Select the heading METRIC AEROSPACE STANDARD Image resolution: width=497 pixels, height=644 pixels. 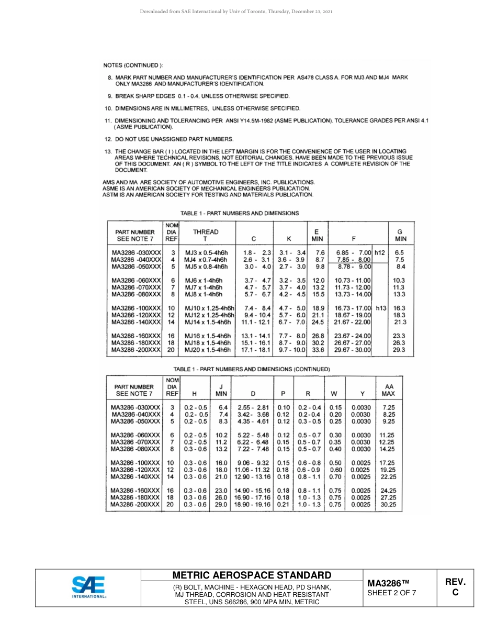pyautogui.click(x=252, y=575)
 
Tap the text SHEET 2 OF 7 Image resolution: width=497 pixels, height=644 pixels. pyautogui.click(x=391, y=593)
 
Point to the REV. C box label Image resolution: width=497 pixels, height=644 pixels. pyautogui.click(x=455, y=587)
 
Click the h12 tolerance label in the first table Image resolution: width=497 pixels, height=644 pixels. pyautogui.click(x=379, y=252)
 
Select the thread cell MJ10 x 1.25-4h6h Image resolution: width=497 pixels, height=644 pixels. pyautogui.click(x=209, y=308)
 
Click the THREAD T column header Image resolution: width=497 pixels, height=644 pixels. pyautogui.click(x=206, y=235)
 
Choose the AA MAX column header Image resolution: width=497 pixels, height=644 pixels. pyautogui.click(x=388, y=390)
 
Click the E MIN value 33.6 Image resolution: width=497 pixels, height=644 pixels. pyautogui.click(x=319, y=350)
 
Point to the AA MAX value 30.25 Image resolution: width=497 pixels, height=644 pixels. pyautogui.click(x=388, y=505)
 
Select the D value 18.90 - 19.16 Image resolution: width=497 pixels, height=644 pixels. pyautogui.click(x=253, y=505)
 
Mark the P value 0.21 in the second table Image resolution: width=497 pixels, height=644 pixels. pyautogui.click(x=283, y=505)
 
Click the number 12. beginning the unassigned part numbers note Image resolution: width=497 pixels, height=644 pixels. pyautogui.click(x=108, y=139)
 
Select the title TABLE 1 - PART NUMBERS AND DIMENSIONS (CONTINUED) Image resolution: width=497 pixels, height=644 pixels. pyautogui.click(x=252, y=369)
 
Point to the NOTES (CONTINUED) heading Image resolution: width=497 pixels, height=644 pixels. pyautogui.click(x=133, y=65)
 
